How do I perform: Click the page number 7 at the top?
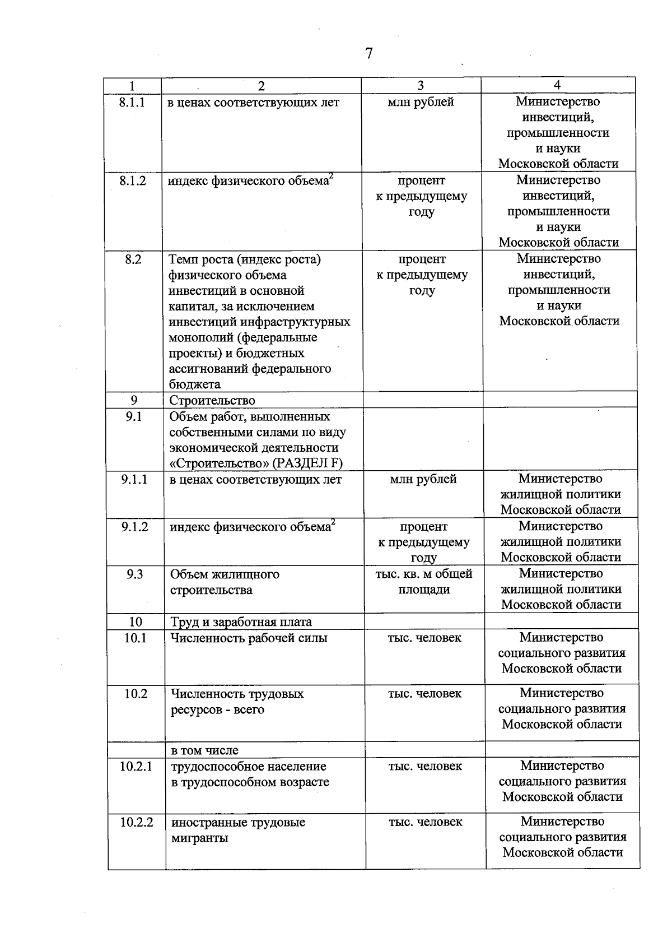(x=368, y=54)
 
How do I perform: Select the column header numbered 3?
(x=420, y=85)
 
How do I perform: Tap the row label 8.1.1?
(x=132, y=103)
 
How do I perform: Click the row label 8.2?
(x=133, y=259)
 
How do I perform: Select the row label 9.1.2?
(x=134, y=527)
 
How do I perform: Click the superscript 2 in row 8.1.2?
(x=332, y=177)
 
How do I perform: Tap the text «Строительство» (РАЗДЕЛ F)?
(x=256, y=463)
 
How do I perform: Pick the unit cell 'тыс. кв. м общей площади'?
(x=424, y=582)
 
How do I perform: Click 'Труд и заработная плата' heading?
(x=241, y=622)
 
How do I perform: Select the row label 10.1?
(x=135, y=638)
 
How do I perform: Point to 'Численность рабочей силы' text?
(x=249, y=638)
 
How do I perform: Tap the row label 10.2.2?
(x=136, y=823)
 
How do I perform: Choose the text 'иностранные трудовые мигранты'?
(x=238, y=831)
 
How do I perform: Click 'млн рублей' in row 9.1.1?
(x=423, y=479)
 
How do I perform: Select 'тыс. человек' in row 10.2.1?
(x=425, y=766)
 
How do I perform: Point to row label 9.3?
(x=134, y=574)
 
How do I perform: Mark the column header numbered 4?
(x=557, y=85)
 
